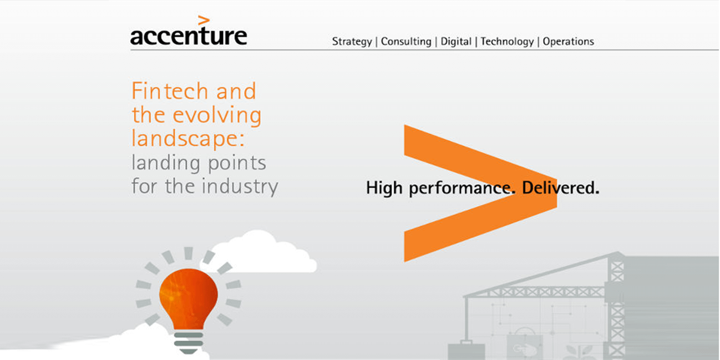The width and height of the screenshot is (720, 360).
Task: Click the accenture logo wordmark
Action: pos(189,36)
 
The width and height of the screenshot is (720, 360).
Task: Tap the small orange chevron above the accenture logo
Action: pos(204,20)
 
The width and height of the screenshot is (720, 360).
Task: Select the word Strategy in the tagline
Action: pos(352,42)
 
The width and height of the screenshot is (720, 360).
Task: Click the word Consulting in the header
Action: pos(406,42)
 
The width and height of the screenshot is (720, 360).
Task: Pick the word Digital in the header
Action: pos(456,42)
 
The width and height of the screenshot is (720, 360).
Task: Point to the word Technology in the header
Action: pos(507,42)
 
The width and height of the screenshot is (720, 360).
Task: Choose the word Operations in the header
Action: pos(568,42)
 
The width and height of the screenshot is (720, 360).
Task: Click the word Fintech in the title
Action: pos(170,90)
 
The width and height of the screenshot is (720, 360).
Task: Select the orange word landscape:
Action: pos(188,139)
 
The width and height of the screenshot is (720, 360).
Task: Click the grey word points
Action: pos(237,163)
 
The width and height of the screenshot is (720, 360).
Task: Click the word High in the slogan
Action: pos(384,188)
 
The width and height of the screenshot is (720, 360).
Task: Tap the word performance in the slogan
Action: pos(462,189)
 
